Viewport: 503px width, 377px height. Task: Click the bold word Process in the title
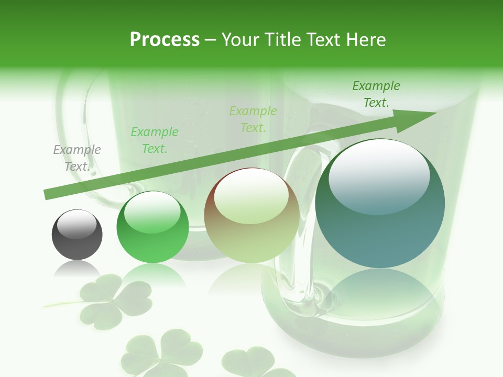coord(165,39)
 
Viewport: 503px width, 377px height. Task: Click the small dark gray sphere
coord(77,235)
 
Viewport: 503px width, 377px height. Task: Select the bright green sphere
coord(152,227)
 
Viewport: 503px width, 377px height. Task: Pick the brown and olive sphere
coord(251,215)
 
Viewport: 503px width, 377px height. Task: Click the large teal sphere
coord(380,203)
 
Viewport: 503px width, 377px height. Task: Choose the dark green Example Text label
coord(376,94)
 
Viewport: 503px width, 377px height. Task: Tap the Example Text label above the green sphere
coord(155,140)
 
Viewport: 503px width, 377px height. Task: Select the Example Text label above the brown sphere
coord(253,119)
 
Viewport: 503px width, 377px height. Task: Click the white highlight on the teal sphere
coord(379,175)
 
